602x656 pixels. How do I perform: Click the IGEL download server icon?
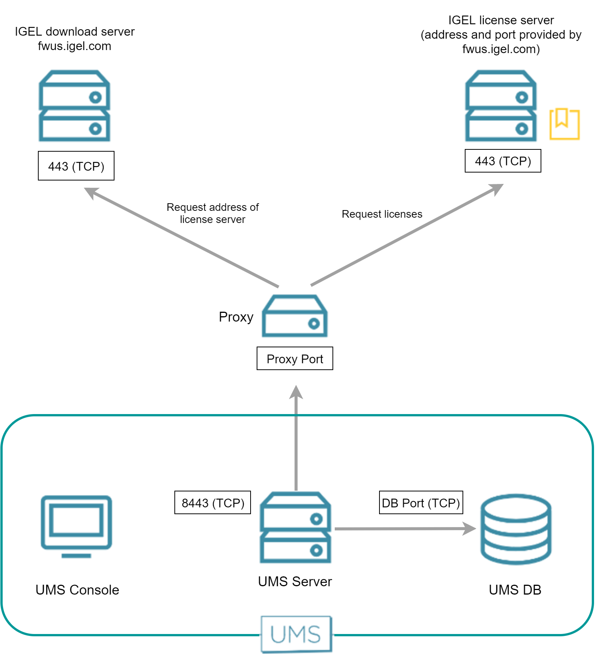click(75, 106)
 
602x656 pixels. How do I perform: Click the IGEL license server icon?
click(501, 106)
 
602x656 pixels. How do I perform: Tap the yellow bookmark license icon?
click(564, 124)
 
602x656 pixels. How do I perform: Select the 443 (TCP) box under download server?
click(76, 166)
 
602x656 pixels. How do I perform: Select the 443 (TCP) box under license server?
click(503, 161)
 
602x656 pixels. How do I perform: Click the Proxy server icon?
click(295, 316)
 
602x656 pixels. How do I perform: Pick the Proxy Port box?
click(295, 359)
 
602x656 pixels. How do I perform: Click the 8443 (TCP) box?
click(213, 503)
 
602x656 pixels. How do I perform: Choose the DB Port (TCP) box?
click(421, 503)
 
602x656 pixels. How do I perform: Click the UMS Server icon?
click(295, 527)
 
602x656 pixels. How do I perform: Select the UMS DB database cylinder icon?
click(516, 529)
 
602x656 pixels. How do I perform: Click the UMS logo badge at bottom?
click(296, 634)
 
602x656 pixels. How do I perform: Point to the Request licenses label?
click(382, 214)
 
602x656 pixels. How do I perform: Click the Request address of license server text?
click(213, 213)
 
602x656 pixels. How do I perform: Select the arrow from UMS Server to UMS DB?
click(402, 529)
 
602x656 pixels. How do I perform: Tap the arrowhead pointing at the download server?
click(91, 192)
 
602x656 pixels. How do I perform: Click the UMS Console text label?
click(77, 590)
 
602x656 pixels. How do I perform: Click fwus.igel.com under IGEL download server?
click(75, 46)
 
